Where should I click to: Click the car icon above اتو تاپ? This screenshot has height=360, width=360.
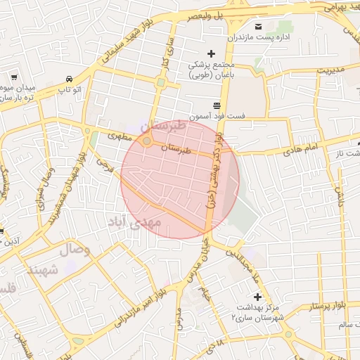point(69,79)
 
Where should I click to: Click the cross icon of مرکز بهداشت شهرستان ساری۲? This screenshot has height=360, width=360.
point(257,297)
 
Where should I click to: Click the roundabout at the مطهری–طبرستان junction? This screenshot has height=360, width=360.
point(146,141)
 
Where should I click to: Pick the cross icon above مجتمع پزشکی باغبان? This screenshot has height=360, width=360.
point(210,53)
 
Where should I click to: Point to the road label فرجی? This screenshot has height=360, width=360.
point(103,166)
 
